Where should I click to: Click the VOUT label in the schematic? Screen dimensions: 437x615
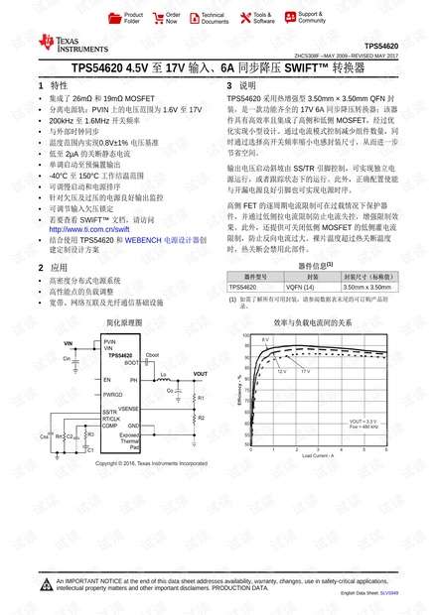(x=200, y=374)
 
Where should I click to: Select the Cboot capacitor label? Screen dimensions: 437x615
(x=152, y=354)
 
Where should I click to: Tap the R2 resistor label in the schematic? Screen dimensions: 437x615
(x=202, y=419)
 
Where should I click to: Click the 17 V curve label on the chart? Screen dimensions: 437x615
(x=305, y=371)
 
